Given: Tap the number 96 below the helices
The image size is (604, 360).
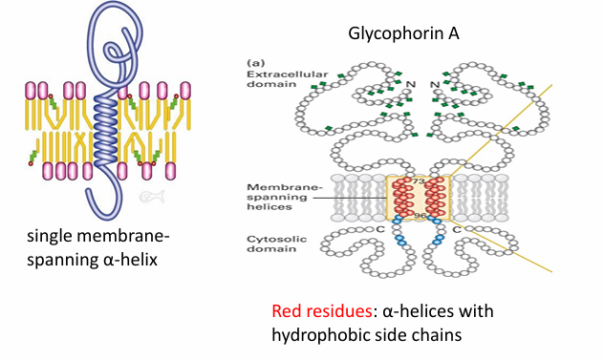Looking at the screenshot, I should [x=419, y=216].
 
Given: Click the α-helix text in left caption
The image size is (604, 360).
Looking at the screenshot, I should [x=135, y=260].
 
